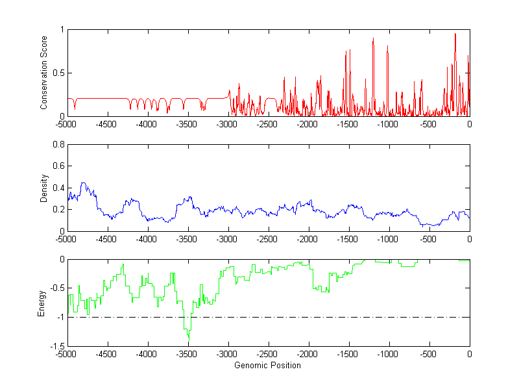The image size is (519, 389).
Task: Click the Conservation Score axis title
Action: (43, 73)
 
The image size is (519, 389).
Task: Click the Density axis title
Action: (43, 188)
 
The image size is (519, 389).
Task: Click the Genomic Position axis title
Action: (267, 365)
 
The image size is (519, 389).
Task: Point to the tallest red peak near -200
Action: (455, 34)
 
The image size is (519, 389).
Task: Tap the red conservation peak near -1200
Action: (373, 39)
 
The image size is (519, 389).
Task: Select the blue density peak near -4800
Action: (83, 183)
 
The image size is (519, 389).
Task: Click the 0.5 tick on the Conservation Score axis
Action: (59, 73)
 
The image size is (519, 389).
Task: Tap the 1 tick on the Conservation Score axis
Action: (62, 30)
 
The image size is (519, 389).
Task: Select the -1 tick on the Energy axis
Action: (60, 318)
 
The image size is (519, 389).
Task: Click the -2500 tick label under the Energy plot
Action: (267, 355)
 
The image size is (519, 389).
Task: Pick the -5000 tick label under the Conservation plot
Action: (67, 124)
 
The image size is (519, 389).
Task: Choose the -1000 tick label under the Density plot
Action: (388, 239)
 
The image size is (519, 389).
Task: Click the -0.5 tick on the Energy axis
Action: (57, 288)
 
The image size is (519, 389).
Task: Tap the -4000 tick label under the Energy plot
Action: (147, 355)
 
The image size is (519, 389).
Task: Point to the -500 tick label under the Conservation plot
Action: (428, 124)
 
